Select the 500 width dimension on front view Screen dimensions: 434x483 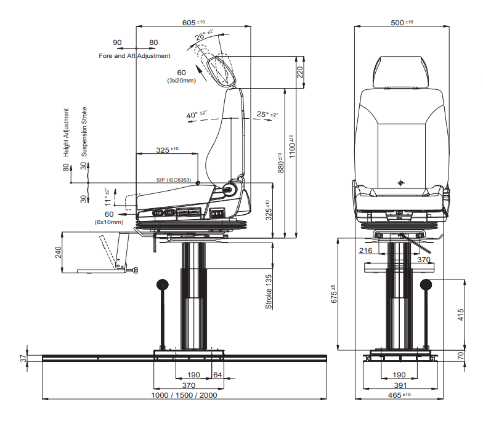click(402, 22)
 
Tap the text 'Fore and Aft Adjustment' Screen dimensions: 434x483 click(134, 56)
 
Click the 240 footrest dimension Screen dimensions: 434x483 click(59, 253)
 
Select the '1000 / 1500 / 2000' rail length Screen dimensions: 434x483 click(184, 395)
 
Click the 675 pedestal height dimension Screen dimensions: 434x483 click(333, 294)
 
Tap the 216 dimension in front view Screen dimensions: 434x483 click(365, 251)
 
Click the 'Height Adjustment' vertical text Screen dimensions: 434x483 click(66, 132)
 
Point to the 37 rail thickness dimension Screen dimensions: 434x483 click(23, 358)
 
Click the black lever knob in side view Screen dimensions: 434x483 click(163, 284)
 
